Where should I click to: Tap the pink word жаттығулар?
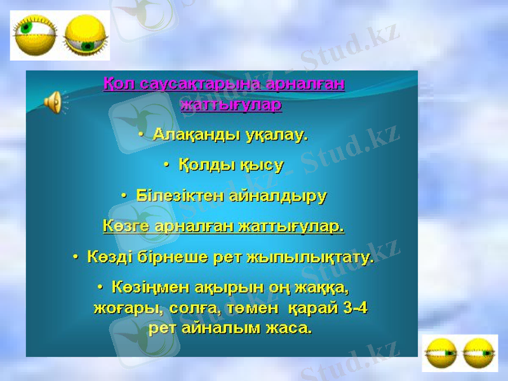tap(231, 105)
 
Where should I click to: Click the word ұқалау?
tap(275, 135)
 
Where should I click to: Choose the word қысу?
tap(261, 165)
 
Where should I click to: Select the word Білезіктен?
tap(175, 195)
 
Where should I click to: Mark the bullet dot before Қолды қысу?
tap(166, 165)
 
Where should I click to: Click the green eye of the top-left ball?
tap(26, 28)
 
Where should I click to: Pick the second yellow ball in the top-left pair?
tap(86, 36)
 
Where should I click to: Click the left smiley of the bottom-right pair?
tap(440, 353)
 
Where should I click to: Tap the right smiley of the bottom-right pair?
tap(480, 353)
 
